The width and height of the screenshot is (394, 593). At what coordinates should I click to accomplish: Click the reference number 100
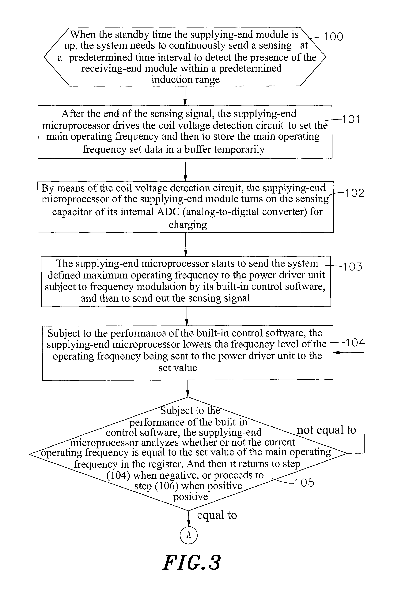pyautogui.click(x=333, y=37)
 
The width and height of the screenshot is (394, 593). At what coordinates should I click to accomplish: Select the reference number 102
pyautogui.click(x=354, y=193)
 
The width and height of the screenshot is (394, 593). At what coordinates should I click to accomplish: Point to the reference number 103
pyautogui.click(x=353, y=267)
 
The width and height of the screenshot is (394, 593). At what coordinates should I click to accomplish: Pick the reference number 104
pyautogui.click(x=355, y=343)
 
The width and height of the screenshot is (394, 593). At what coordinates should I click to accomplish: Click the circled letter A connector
pyautogui.click(x=188, y=535)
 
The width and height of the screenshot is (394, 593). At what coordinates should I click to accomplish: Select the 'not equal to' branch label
pyautogui.click(x=326, y=430)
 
